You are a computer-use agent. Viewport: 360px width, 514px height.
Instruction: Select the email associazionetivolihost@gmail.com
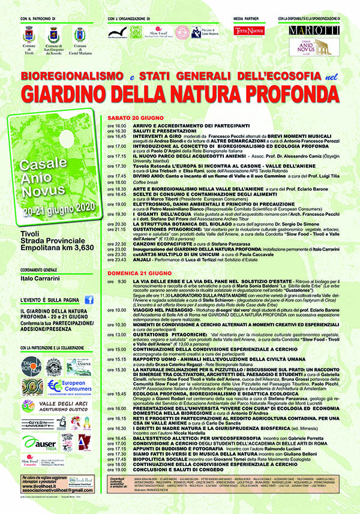coord(56,489)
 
